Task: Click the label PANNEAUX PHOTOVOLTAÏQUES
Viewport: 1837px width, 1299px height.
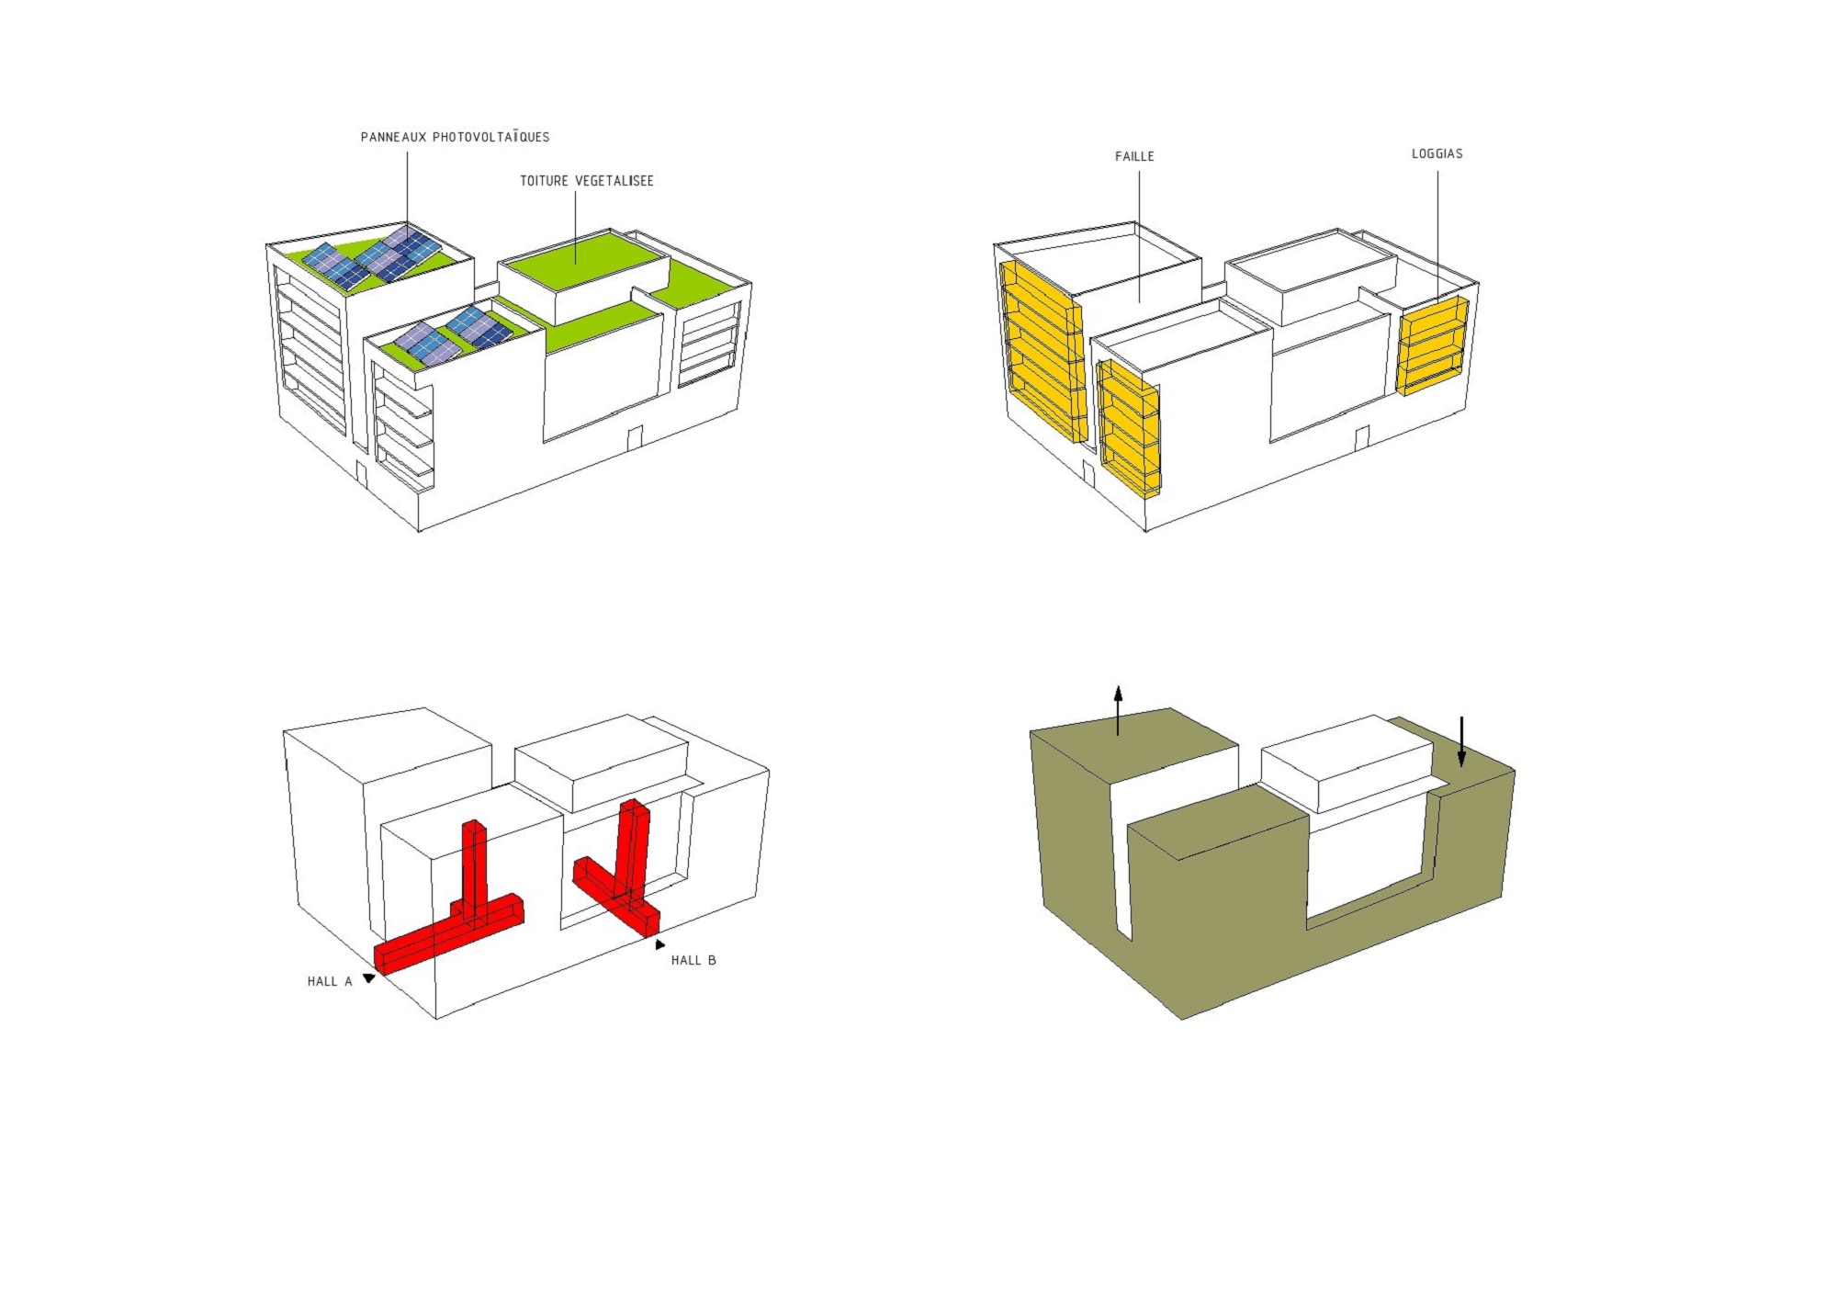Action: click(x=455, y=137)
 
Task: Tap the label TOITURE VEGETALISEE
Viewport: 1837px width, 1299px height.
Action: click(x=587, y=181)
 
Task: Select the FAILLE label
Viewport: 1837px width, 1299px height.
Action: click(x=1134, y=156)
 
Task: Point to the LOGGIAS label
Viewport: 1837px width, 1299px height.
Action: click(x=1437, y=153)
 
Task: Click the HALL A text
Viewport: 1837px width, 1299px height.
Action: click(x=330, y=981)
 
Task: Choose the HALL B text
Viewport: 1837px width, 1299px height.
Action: click(x=693, y=960)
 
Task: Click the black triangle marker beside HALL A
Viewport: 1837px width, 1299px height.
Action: click(x=369, y=978)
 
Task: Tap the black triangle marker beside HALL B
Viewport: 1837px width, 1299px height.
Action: click(x=659, y=944)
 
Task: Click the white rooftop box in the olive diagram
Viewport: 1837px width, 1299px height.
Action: click(x=1346, y=762)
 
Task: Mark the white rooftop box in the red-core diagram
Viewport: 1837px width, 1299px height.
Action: click(x=600, y=762)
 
